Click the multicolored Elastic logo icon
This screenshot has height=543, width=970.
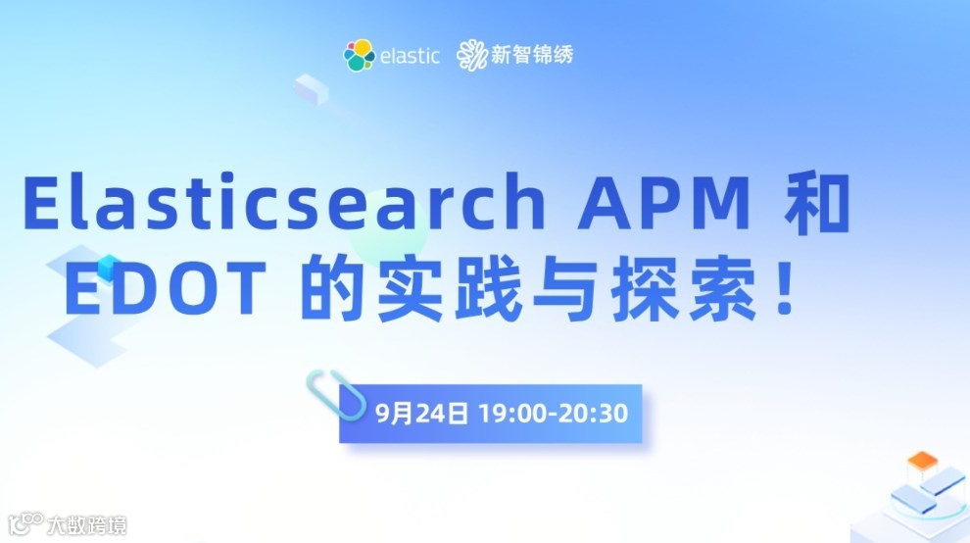359,55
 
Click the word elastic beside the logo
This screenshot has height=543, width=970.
410,55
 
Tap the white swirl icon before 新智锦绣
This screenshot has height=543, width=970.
471,56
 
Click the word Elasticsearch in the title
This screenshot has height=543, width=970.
283,204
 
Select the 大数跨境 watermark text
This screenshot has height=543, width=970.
86,526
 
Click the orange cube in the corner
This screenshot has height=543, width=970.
921,460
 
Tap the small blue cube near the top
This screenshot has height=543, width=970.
310,87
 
